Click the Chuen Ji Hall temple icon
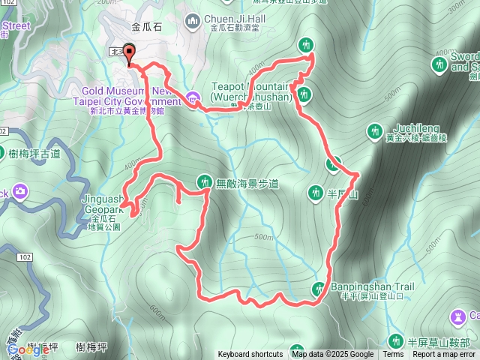tap(193, 19)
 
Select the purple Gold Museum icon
tap(193, 97)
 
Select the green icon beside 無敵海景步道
tap(203, 181)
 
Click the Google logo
tap(28, 349)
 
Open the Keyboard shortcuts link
tap(250, 355)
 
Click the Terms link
tap(393, 355)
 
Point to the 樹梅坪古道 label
tap(34, 154)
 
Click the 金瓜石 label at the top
tap(146, 27)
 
